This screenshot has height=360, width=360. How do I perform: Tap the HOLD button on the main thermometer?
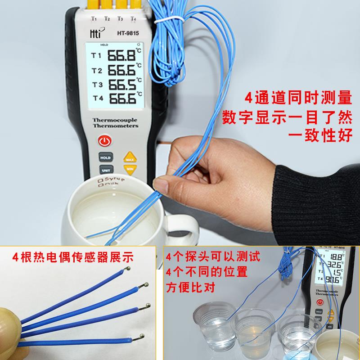[106, 158]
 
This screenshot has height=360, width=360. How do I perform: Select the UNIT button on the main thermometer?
[106, 171]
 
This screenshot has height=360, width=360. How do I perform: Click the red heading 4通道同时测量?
[297, 97]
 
